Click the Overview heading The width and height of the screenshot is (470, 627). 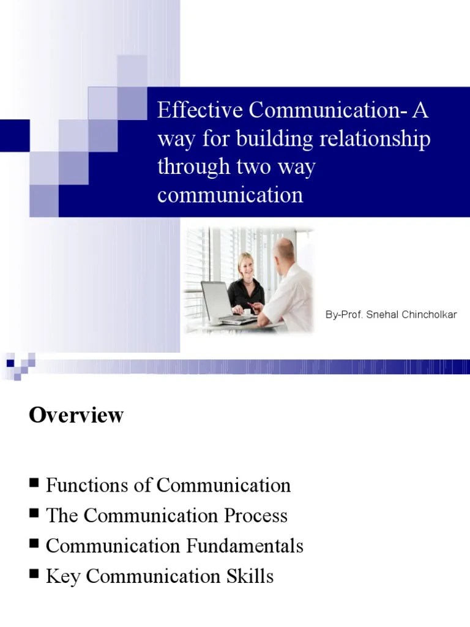pyautogui.click(x=76, y=415)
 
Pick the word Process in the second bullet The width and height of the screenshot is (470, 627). pyautogui.click(x=258, y=516)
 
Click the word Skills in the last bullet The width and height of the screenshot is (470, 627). pyautogui.click(x=249, y=576)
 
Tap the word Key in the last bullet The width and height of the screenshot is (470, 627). pyautogui.click(x=62, y=576)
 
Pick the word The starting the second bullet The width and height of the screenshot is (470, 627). pyautogui.click(x=62, y=516)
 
